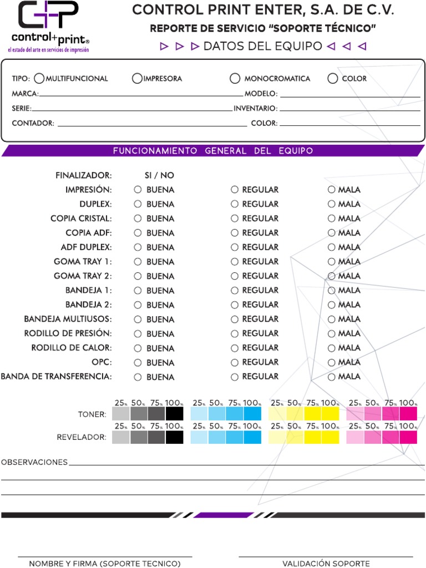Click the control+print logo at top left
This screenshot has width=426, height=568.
tap(49, 27)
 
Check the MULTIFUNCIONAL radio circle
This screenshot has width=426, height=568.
tap(39, 78)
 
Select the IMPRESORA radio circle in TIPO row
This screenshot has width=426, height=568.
tap(137, 78)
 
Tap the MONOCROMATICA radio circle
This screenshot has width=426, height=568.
tap(235, 78)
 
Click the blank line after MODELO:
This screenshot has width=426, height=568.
tap(350, 97)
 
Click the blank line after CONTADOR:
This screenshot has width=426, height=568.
tap(152, 126)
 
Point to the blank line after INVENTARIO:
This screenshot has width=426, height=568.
tap(350, 110)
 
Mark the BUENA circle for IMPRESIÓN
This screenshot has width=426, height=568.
tap(138, 190)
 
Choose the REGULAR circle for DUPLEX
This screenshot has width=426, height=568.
tap(235, 204)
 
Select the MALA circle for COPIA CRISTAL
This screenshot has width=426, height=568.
tap(332, 219)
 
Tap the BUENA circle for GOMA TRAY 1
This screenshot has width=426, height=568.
tap(138, 262)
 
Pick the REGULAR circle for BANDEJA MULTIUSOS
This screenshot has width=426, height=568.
tap(235, 319)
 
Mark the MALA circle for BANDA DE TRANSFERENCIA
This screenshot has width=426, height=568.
tap(332, 377)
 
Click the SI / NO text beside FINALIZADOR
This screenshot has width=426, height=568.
tap(159, 175)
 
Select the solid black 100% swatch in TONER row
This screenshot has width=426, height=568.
tap(175, 414)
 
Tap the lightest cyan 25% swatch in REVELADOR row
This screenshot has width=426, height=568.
tap(199, 437)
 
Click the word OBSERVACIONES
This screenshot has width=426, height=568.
tap(34, 462)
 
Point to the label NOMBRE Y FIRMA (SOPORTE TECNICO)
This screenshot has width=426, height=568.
tap(105, 564)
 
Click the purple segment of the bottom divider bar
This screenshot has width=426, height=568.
tap(223, 515)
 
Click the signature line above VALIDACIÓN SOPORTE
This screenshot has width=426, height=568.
tap(326, 557)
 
